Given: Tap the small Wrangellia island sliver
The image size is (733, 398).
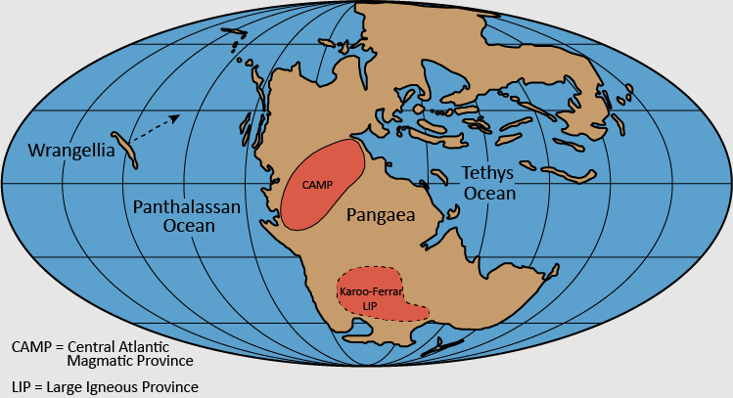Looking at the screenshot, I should pos(122,147).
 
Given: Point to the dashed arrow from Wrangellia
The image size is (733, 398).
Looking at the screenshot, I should pos(157,127).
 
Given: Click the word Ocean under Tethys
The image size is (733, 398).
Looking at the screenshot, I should pos(489,194).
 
